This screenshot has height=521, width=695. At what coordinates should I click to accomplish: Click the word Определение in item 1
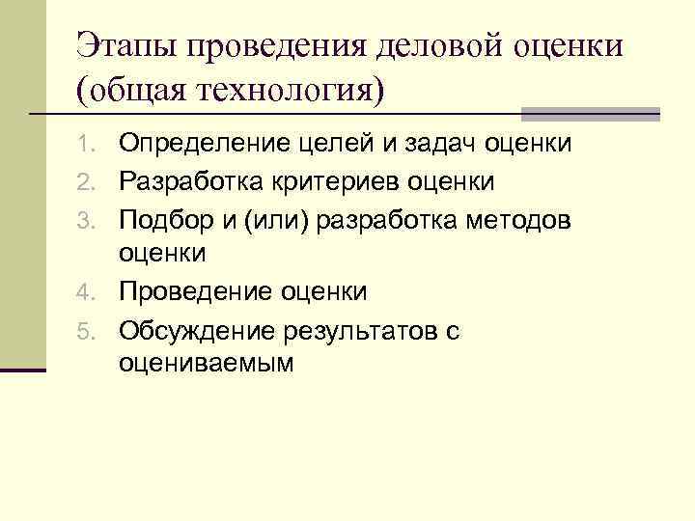[198, 145]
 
